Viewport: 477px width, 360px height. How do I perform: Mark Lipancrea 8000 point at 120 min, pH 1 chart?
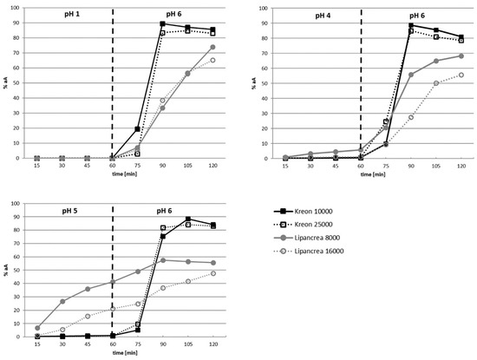click(x=212, y=48)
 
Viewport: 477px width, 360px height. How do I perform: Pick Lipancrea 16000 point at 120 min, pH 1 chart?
click(x=212, y=60)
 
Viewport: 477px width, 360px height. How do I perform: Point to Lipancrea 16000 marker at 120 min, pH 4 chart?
click(x=461, y=75)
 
